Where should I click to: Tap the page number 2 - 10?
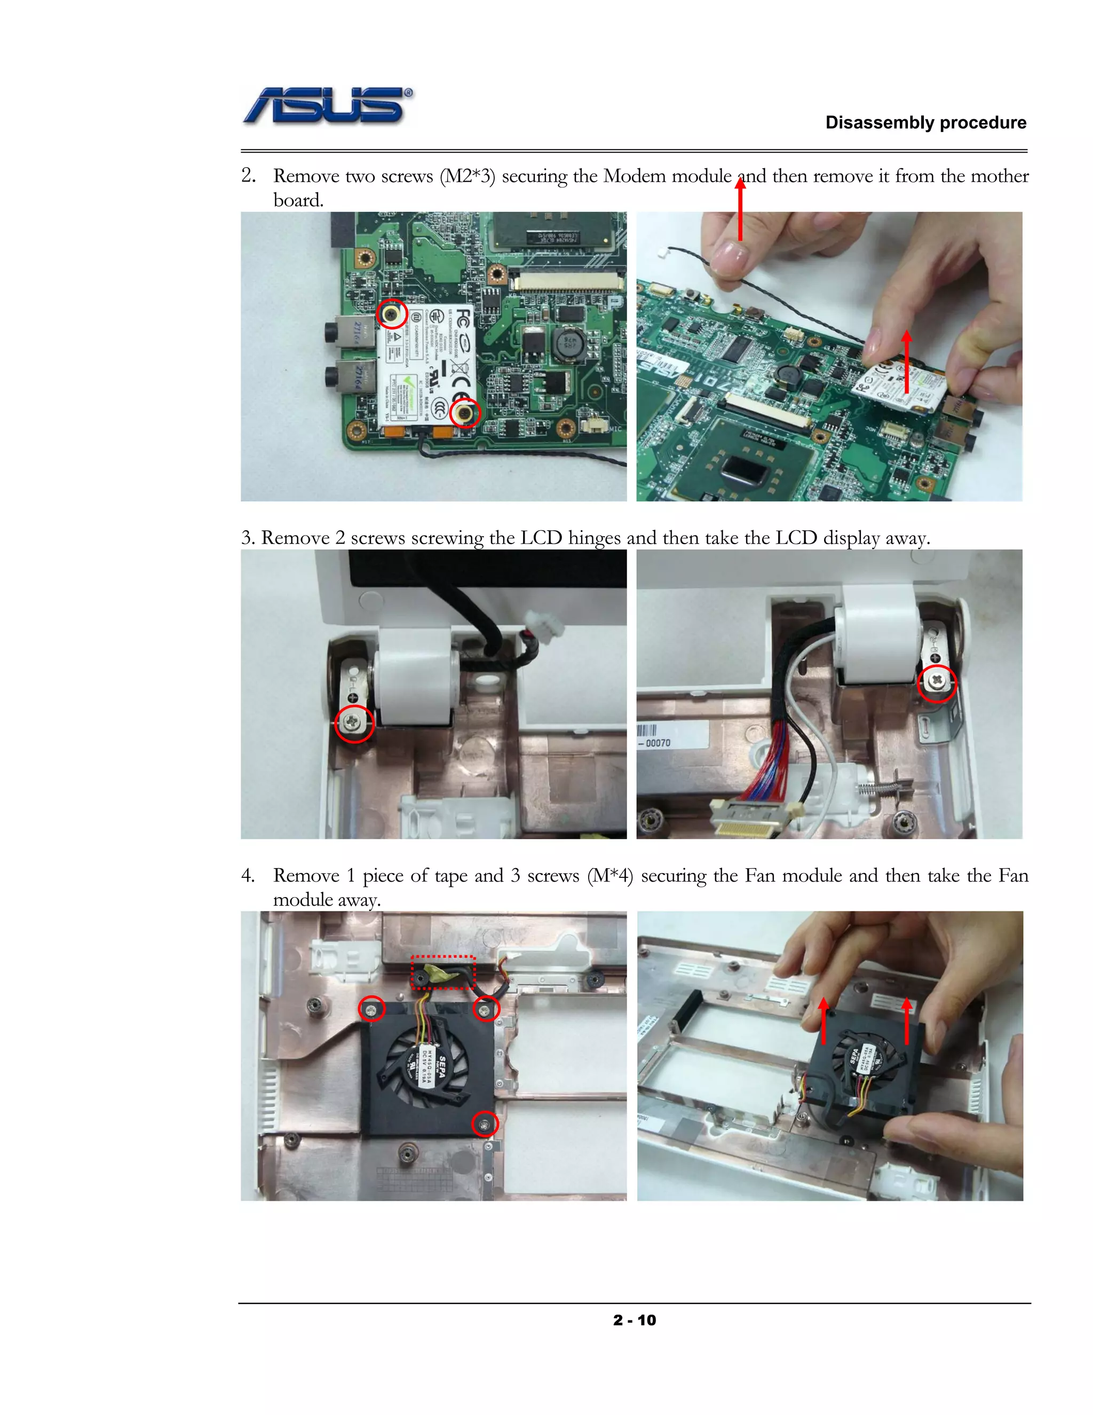[634, 1320]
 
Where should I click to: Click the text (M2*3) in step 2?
[467, 176]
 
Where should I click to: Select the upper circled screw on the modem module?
[392, 314]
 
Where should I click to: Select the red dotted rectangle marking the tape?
[443, 972]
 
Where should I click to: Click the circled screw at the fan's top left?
[371, 1009]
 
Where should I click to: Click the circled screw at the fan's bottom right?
[485, 1123]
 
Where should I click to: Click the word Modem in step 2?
[634, 176]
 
